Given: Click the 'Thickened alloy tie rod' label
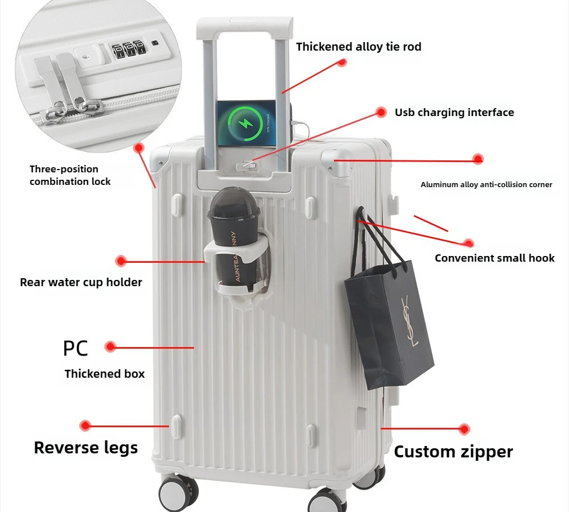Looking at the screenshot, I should pyautogui.click(x=358, y=47).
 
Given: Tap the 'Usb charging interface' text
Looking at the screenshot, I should pyautogui.click(x=454, y=113).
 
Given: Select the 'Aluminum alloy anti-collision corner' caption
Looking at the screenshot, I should pyautogui.click(x=486, y=184).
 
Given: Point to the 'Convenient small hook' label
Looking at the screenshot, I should pyautogui.click(x=494, y=258).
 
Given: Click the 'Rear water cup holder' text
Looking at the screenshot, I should pyautogui.click(x=81, y=282).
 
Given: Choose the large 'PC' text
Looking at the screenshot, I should pyautogui.click(x=75, y=348).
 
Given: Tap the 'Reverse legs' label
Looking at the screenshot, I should pyautogui.click(x=85, y=448).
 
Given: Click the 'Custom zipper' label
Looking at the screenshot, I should pyautogui.click(x=453, y=452).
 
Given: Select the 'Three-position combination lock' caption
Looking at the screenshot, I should pyautogui.click(x=70, y=175).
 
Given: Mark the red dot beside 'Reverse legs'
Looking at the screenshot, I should pyautogui.click(x=85, y=425).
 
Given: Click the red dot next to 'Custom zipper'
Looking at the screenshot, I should pyautogui.click(x=464, y=429).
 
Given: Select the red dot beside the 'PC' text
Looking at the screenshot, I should pyautogui.click(x=110, y=346).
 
